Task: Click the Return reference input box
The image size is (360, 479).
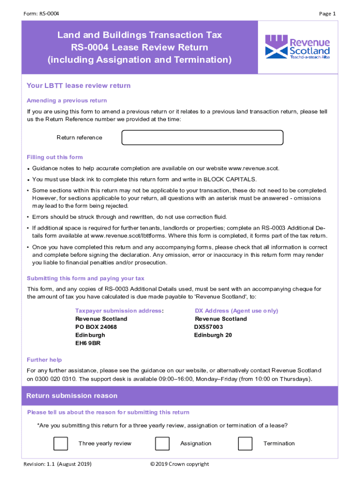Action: pyautogui.click(x=202, y=138)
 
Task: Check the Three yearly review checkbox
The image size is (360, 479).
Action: pyautogui.click(x=61, y=443)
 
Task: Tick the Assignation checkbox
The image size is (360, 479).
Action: pyautogui.click(x=162, y=443)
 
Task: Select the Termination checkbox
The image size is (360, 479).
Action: pyautogui.click(x=245, y=443)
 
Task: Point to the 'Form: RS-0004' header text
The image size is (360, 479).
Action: pyautogui.click(x=41, y=14)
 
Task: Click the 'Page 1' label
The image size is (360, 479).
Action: pyautogui.click(x=327, y=14)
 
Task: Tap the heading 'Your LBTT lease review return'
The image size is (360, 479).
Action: pyautogui.click(x=79, y=86)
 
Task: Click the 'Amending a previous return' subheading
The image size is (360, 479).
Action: pyautogui.click(x=67, y=101)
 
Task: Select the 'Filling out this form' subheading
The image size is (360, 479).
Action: pyautogui.click(x=55, y=157)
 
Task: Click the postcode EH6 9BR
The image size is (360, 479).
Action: pyautogui.click(x=88, y=343)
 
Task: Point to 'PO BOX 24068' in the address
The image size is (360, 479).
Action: pyautogui.click(x=96, y=327)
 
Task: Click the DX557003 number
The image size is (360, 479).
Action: pyautogui.click(x=209, y=327)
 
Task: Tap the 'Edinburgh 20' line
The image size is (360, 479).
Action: pyautogui.click(x=213, y=335)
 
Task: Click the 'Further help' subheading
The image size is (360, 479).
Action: pyautogui.click(x=44, y=360)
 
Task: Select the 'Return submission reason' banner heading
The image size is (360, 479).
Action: pyautogui.click(x=72, y=396)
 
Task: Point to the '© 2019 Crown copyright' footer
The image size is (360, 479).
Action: pyautogui.click(x=180, y=464)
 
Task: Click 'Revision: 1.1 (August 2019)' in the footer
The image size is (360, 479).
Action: pyautogui.click(x=58, y=464)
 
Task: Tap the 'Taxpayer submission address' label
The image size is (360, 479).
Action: pyautogui.click(x=118, y=311)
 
